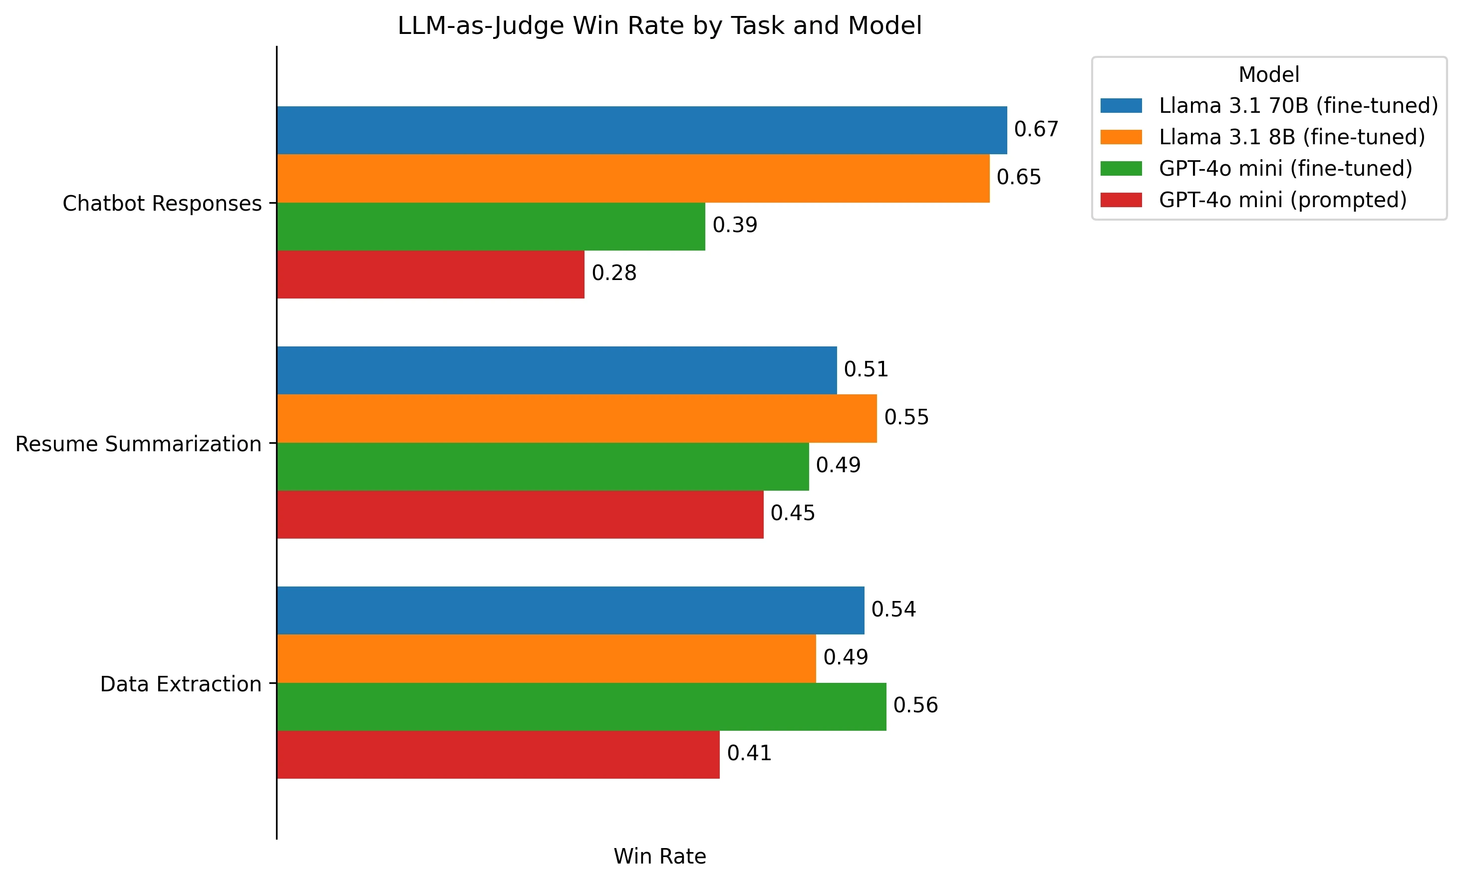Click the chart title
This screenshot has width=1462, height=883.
point(659,26)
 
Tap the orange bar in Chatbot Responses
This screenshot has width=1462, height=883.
point(632,178)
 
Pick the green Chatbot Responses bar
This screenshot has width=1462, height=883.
point(491,226)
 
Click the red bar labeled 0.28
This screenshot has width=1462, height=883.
point(430,274)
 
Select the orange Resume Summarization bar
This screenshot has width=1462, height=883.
point(576,418)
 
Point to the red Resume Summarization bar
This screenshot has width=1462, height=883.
point(520,515)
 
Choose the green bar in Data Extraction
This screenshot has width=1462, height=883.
point(581,706)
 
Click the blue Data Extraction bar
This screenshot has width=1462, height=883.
point(570,610)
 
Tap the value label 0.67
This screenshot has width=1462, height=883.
point(1036,129)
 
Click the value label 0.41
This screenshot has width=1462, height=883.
point(749,753)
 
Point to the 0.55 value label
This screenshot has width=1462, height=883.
point(906,417)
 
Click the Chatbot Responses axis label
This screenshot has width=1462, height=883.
point(162,203)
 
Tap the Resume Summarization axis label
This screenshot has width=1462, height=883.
point(138,444)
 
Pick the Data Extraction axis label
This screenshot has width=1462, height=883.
point(180,684)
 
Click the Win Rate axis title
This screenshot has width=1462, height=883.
point(659,857)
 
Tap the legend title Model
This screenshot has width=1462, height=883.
point(1268,75)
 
